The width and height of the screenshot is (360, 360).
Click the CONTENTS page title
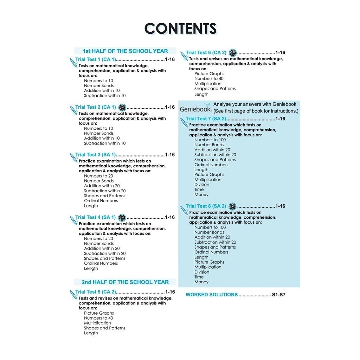tap(180, 28)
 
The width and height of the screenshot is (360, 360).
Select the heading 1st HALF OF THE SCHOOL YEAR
tap(125, 51)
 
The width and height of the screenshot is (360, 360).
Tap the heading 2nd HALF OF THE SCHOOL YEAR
tap(125, 282)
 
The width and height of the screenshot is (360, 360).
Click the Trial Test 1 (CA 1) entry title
tap(96, 59)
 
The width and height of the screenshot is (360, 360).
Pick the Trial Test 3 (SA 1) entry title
tap(96, 155)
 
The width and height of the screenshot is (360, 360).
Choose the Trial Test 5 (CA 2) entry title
tap(96, 292)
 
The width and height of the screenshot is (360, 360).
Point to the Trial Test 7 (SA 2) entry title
tap(206, 119)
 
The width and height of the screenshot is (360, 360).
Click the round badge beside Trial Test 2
tap(122, 107)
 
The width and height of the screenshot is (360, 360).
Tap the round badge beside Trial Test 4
tap(122, 217)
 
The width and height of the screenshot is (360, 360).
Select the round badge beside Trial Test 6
tap(232, 53)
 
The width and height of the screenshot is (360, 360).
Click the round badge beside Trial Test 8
tap(232, 206)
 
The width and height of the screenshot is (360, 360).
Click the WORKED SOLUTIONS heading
tap(212, 295)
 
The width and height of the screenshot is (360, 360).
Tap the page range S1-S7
tap(278, 295)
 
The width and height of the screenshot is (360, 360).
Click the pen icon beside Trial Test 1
tap(73, 63)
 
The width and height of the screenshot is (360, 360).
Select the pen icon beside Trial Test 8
tap(184, 210)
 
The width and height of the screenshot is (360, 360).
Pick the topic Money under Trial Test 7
tap(201, 194)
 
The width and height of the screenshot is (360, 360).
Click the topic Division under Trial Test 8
tap(202, 272)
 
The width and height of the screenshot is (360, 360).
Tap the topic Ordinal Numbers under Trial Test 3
tap(101, 201)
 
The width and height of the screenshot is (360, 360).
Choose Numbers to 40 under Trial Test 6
tap(209, 79)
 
